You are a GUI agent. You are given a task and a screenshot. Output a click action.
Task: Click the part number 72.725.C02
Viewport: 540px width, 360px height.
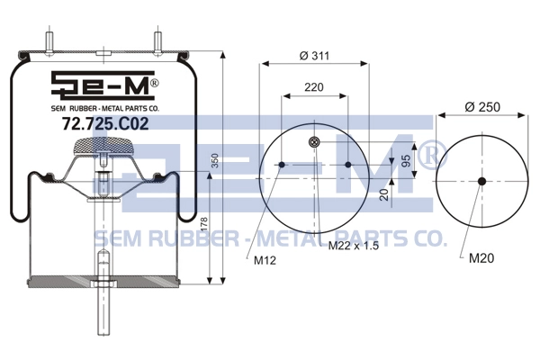pyautogui.click(x=105, y=123)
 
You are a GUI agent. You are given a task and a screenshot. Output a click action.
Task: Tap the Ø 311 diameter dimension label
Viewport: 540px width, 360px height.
pyautogui.click(x=314, y=56)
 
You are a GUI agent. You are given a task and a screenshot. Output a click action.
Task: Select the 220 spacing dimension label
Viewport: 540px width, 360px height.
pyautogui.click(x=314, y=87)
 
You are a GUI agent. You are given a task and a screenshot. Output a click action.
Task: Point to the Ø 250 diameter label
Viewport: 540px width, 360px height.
pyautogui.click(x=482, y=107)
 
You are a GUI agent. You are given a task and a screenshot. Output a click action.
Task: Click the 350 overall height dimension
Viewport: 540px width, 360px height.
pyautogui.click(x=214, y=160)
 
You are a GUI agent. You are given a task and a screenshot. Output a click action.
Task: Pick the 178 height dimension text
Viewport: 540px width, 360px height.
pyautogui.click(x=204, y=225)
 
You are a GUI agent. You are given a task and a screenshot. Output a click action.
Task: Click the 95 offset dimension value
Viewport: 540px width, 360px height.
pyautogui.click(x=406, y=161)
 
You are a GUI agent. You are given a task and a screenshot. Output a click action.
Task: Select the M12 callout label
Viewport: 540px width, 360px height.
pyautogui.click(x=265, y=260)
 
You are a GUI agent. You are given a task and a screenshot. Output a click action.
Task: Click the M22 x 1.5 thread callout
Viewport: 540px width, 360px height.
pyautogui.click(x=354, y=246)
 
